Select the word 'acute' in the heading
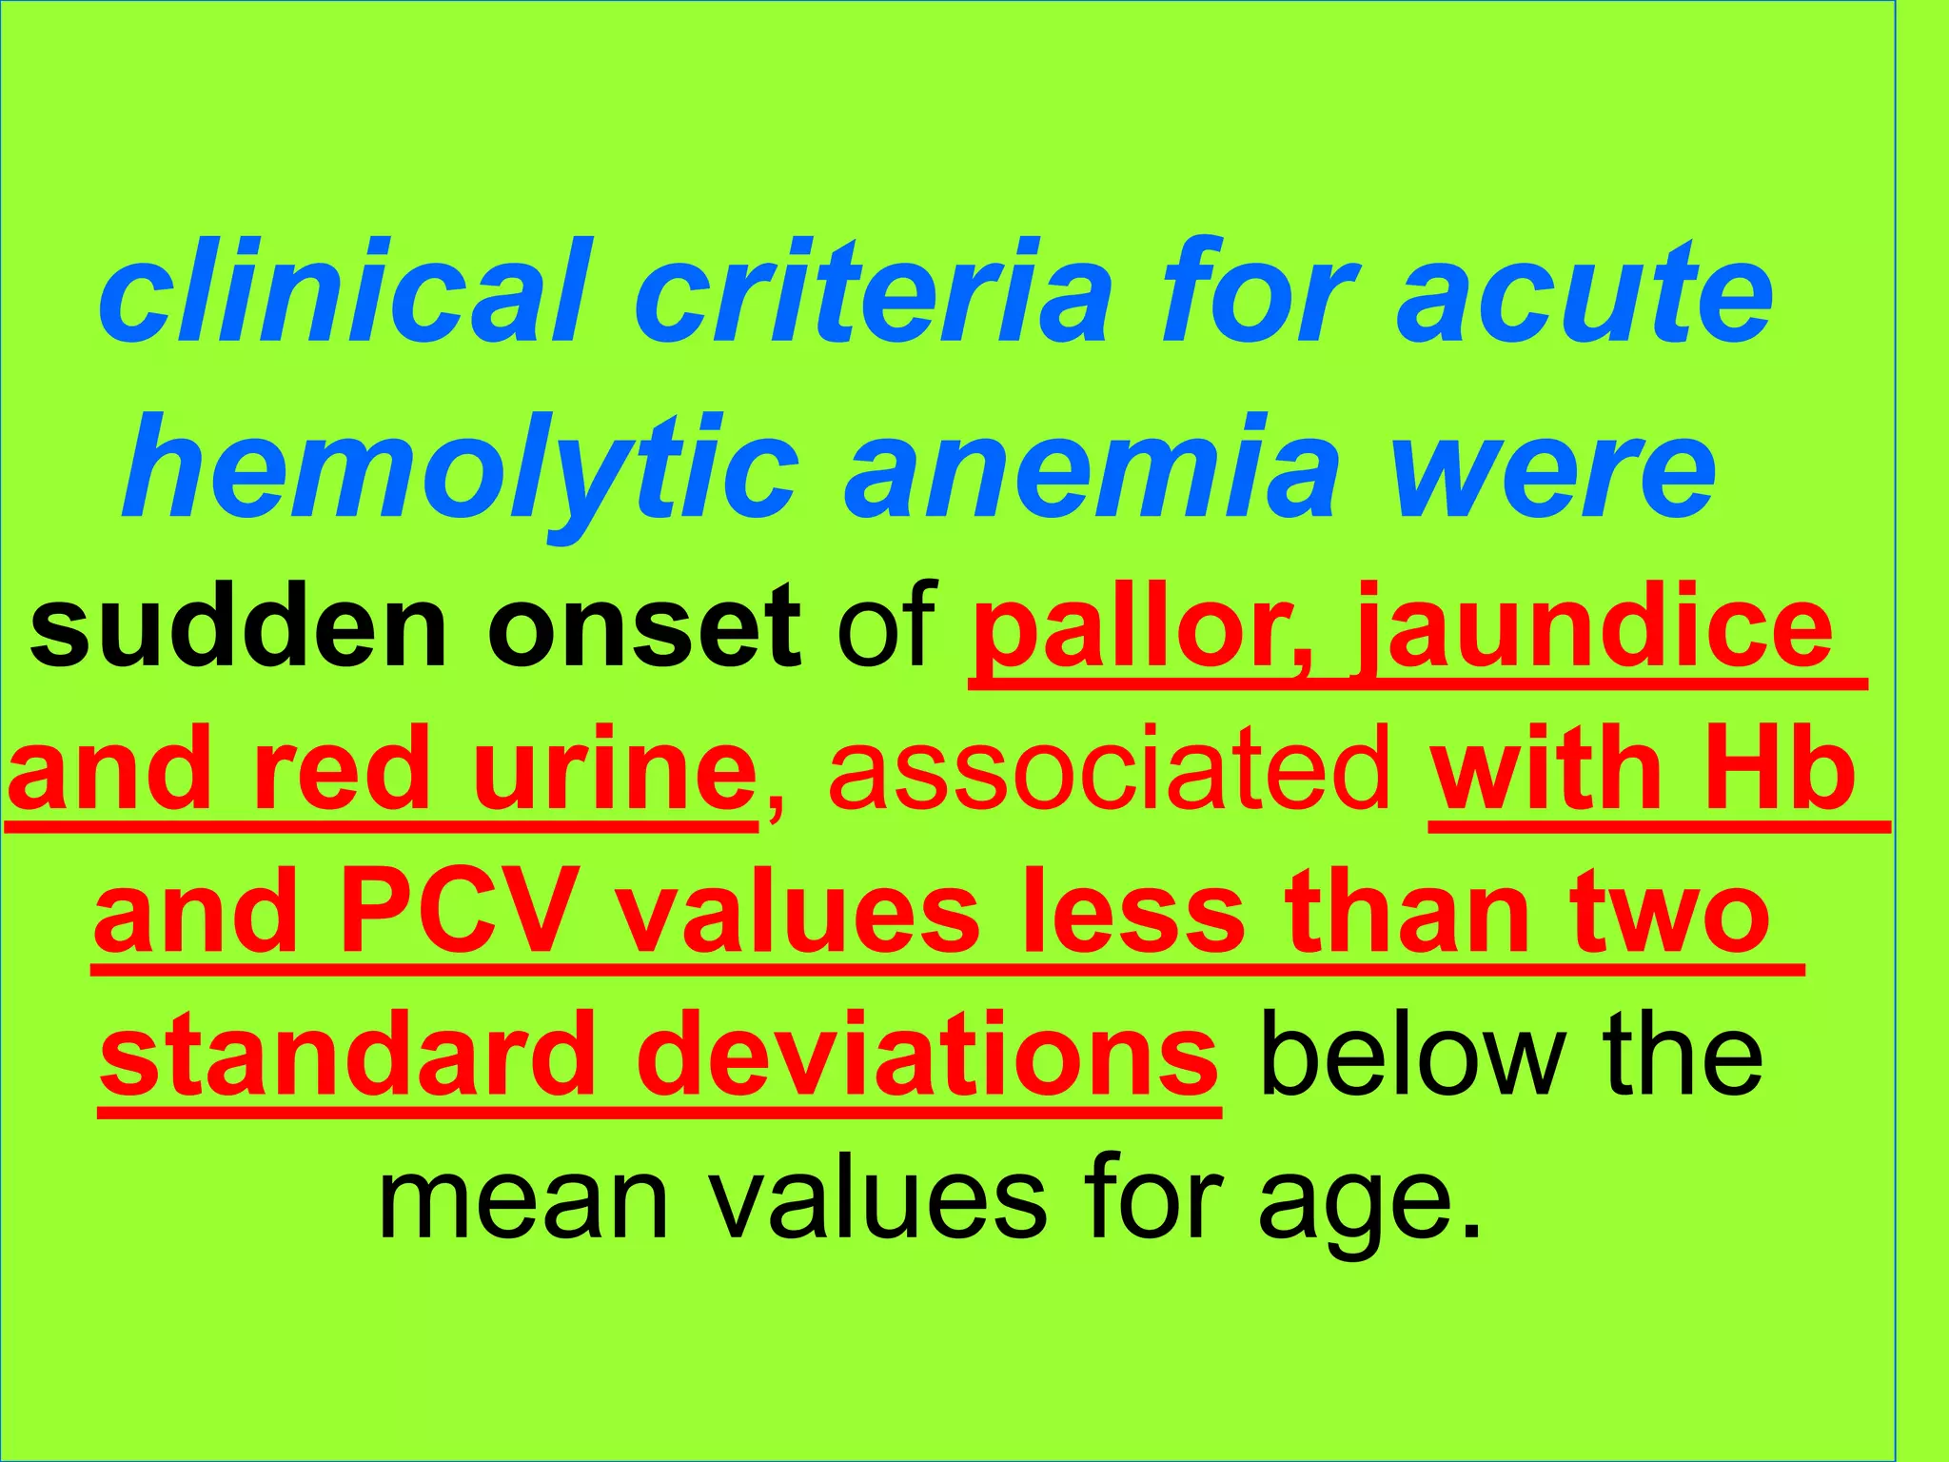(1584, 290)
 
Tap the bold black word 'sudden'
(238, 629)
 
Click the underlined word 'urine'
(614, 770)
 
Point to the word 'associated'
(1108, 770)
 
